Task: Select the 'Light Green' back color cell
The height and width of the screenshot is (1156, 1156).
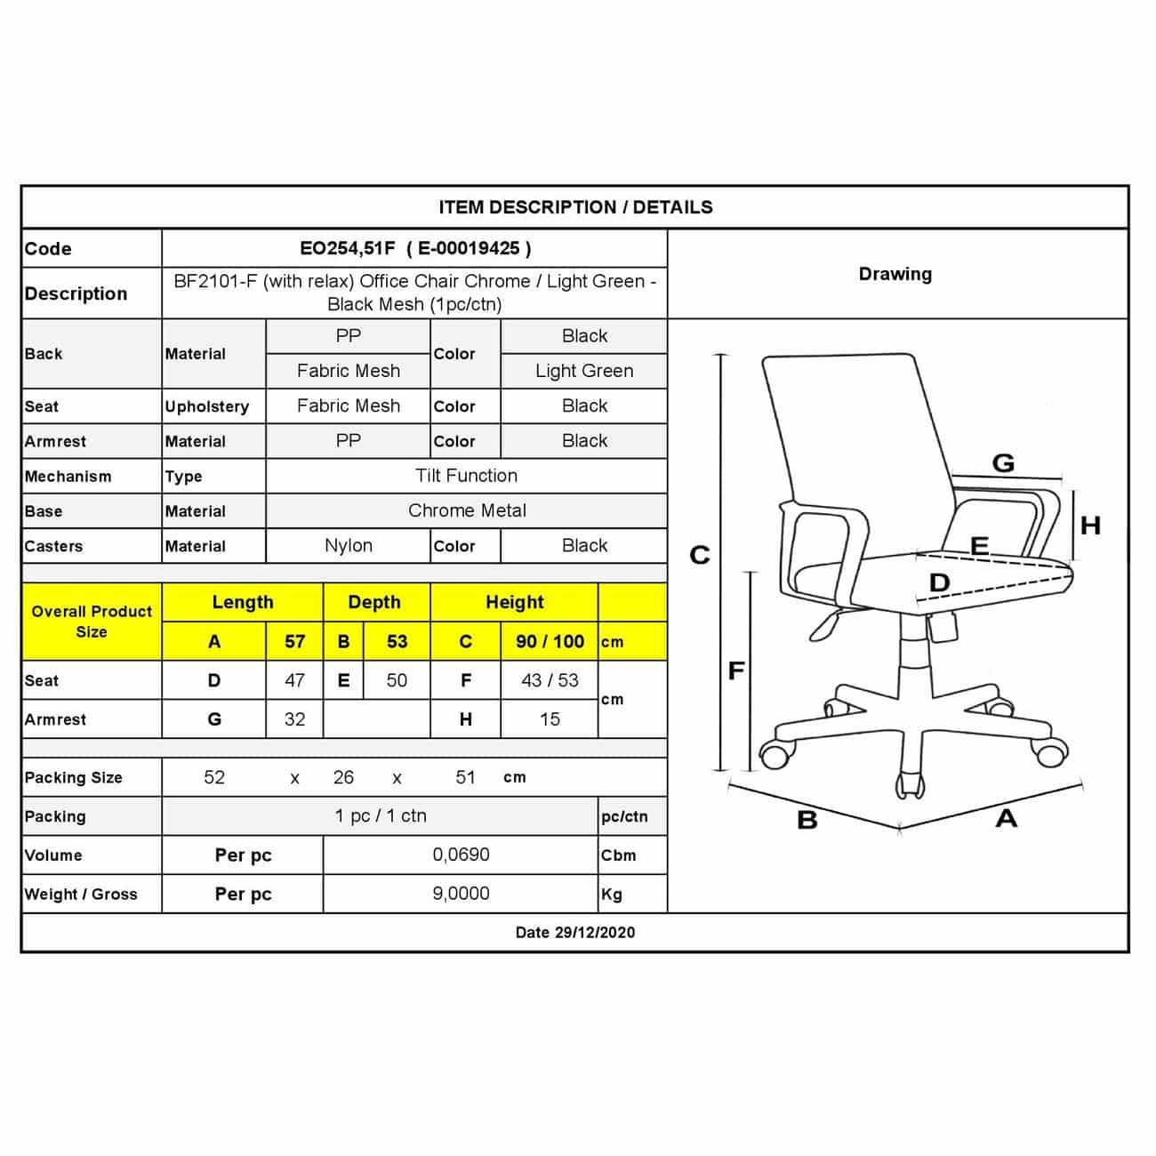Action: [584, 371]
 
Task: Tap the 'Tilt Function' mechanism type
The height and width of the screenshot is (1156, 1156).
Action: [466, 476]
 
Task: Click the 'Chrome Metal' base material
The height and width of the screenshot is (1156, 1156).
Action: [467, 511]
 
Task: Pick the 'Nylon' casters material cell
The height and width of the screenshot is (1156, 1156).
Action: [349, 546]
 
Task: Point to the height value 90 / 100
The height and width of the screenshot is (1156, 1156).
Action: [550, 642]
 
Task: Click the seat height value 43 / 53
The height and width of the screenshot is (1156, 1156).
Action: [550, 680]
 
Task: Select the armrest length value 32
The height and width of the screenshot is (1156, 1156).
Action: [294, 719]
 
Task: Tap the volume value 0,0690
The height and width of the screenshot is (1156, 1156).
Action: [461, 855]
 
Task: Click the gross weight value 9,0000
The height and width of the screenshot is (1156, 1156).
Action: [461, 894]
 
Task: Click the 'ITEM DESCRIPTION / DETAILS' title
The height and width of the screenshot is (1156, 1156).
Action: [575, 207]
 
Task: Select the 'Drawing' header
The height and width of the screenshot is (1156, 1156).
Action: [895, 274]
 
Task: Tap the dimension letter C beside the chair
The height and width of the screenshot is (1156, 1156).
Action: [700, 556]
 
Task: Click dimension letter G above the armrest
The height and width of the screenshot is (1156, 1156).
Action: [1002, 463]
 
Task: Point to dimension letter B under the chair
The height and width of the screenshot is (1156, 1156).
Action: [807, 820]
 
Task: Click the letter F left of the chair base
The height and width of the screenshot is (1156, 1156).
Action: [736, 670]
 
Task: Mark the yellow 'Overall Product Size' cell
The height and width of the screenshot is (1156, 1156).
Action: [92, 622]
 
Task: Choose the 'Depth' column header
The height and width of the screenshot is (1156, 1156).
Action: [374, 603]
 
